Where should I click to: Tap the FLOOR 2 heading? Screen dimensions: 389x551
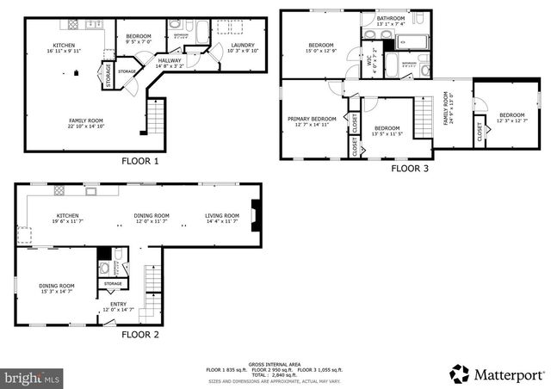[x=141, y=334]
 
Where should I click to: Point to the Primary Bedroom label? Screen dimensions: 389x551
[x=312, y=119]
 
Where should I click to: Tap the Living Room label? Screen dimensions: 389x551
[x=222, y=215]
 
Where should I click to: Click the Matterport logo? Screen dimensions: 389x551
[x=497, y=374]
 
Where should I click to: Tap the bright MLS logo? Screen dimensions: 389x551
[x=31, y=377]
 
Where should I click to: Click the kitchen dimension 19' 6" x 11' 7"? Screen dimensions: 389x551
[x=68, y=222]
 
